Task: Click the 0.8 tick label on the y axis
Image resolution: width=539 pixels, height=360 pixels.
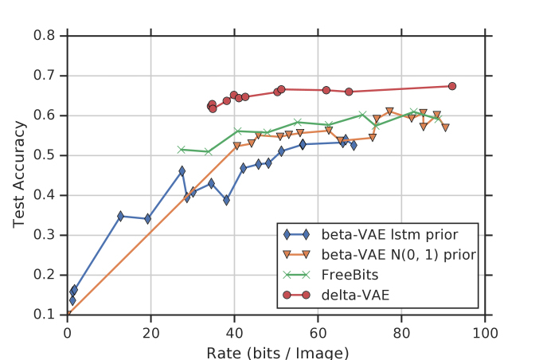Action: [x=45, y=36]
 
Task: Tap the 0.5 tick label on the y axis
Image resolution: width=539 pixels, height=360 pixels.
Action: [x=45, y=155]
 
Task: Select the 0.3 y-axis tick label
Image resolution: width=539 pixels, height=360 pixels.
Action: [x=45, y=235]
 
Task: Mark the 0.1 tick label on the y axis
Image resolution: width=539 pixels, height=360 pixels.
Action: [x=45, y=315]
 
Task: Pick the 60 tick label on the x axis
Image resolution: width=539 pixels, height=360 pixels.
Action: [x=318, y=331]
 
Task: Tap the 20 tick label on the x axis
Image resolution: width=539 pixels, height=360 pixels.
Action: [x=150, y=331]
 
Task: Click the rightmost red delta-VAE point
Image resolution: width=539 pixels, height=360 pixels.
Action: [x=451, y=86]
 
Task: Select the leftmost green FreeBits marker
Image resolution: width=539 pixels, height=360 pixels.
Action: [x=182, y=149]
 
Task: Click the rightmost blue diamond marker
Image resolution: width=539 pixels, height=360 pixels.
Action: [x=353, y=145]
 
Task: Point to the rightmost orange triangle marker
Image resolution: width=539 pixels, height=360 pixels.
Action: [x=445, y=127]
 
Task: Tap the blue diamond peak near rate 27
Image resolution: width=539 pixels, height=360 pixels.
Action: [x=182, y=171]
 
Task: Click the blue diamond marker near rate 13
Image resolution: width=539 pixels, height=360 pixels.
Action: [x=120, y=216]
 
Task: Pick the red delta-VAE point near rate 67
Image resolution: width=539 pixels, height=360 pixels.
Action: [x=349, y=92]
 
